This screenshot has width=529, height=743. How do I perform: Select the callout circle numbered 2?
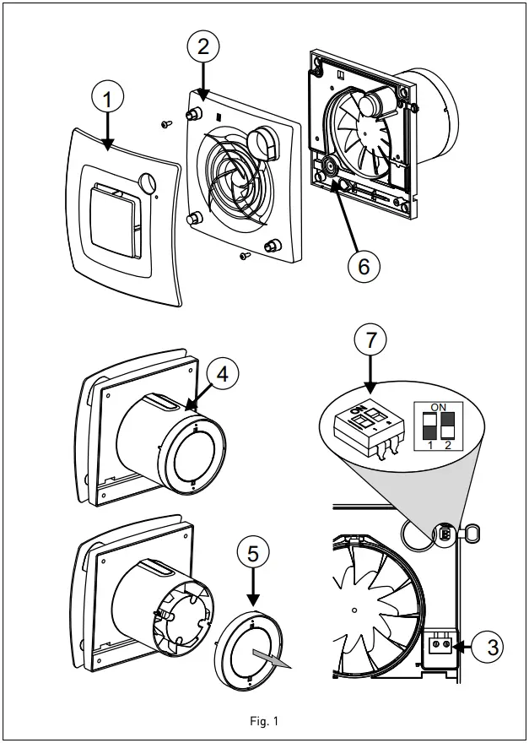tap(202, 46)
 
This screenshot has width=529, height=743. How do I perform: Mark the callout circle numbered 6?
tap(364, 265)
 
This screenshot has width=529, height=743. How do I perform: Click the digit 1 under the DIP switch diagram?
tap(430, 445)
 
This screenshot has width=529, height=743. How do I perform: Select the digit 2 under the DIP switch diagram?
tap(448, 445)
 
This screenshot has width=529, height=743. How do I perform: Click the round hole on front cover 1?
tap(148, 182)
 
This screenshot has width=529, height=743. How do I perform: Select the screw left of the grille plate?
tap(165, 122)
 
